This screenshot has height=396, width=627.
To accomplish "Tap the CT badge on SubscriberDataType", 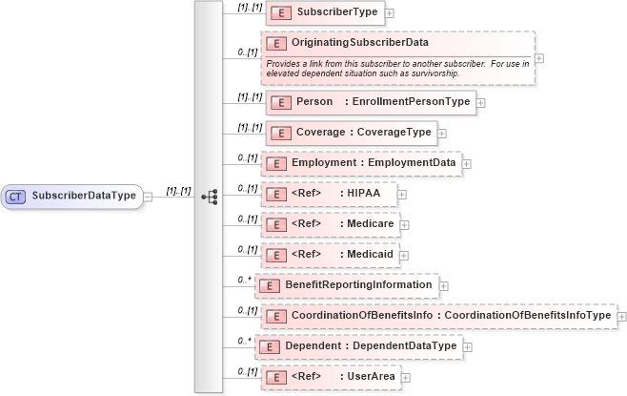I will [x=15, y=197].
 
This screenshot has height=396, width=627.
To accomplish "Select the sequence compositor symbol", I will [x=209, y=197].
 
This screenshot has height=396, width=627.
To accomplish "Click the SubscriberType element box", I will [x=323, y=13].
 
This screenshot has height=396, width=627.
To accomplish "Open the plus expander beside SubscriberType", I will [x=390, y=14].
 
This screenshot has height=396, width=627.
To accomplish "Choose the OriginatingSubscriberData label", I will [x=359, y=42].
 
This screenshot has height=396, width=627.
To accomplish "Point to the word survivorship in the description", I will [x=491, y=73].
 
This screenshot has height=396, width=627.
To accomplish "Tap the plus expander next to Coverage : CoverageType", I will [x=442, y=133].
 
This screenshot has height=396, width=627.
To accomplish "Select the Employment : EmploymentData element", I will [x=361, y=163].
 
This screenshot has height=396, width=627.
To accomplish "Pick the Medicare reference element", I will [x=330, y=224].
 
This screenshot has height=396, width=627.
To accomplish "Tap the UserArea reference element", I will [x=330, y=376].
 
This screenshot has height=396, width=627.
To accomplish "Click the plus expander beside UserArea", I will [x=407, y=377].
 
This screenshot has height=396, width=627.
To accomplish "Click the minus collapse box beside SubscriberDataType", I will [x=148, y=197].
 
